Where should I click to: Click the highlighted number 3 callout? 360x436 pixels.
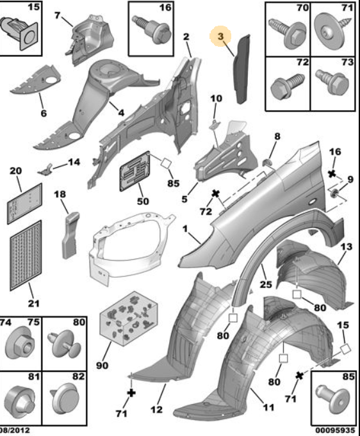pyautogui.click(x=220, y=36)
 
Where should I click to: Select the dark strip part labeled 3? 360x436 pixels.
pyautogui.click(x=241, y=69)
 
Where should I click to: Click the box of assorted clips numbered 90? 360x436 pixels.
pyautogui.click(x=128, y=318)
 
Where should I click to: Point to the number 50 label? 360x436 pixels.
pyautogui.click(x=143, y=201)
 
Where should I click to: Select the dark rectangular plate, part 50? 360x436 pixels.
pyautogui.click(x=135, y=172)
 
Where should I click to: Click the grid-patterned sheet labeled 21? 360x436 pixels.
pyautogui.click(x=26, y=255)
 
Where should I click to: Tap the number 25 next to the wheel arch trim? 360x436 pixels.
pyautogui.click(x=265, y=284)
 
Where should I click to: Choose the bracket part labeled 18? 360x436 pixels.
pyautogui.click(x=70, y=235)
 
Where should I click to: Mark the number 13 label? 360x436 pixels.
pyautogui.click(x=346, y=246)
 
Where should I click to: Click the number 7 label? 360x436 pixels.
pyautogui.click(x=57, y=15)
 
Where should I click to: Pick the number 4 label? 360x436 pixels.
pyautogui.click(x=121, y=113)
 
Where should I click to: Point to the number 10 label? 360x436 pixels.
pyautogui.click(x=216, y=99)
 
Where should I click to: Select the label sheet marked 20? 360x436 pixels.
pyautogui.click(x=25, y=203)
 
